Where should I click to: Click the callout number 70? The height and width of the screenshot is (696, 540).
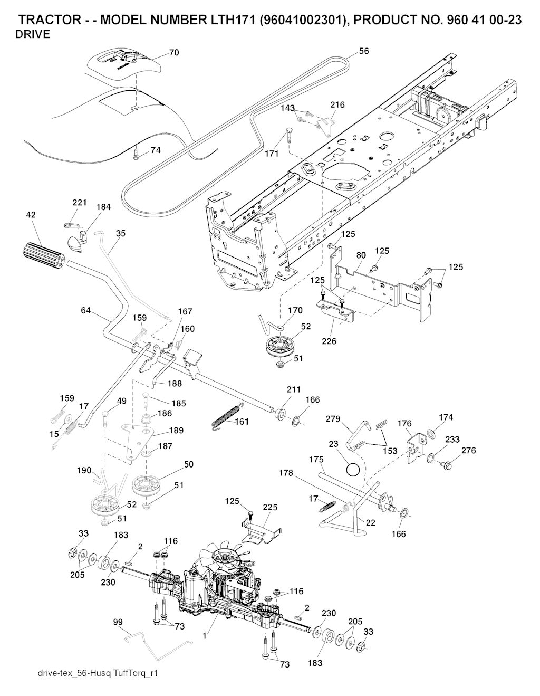click(174, 52)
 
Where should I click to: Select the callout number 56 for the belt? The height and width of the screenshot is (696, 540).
click(364, 51)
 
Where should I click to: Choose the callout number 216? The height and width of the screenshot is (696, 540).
click(337, 104)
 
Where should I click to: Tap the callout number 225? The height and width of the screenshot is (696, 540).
click(270, 507)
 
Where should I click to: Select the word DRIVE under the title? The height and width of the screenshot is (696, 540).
click(33, 35)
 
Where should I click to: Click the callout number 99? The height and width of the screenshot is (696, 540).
click(118, 622)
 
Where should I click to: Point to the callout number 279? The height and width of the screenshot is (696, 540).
click(332, 419)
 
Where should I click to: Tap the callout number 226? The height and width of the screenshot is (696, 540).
click(330, 341)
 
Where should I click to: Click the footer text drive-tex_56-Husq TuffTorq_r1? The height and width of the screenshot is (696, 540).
click(99, 673)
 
